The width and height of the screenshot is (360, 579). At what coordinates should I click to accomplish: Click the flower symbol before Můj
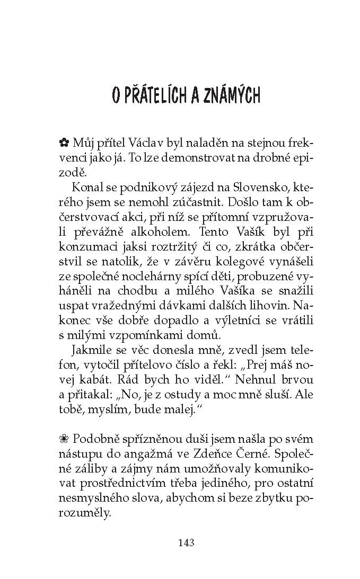pos(64,142)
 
